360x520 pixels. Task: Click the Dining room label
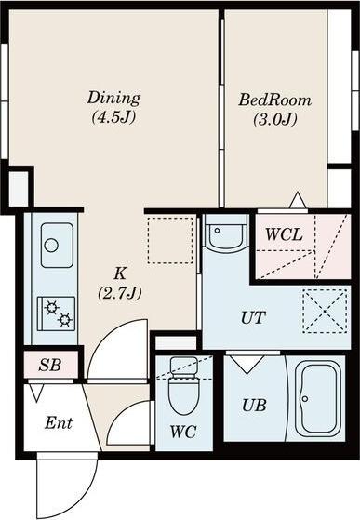(x=113, y=99)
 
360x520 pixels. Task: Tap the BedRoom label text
(x=275, y=100)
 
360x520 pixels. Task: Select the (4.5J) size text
(x=114, y=117)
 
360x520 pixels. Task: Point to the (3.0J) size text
(x=275, y=119)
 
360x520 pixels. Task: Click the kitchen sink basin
(x=57, y=246)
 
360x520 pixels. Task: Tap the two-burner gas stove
(x=57, y=313)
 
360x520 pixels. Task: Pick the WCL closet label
(x=284, y=234)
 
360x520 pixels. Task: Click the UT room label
(x=253, y=318)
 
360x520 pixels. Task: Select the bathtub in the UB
(x=317, y=399)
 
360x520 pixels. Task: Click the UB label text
(x=254, y=405)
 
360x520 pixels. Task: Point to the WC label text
(x=183, y=432)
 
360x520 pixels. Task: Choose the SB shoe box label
(x=49, y=366)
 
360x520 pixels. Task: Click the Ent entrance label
(x=59, y=423)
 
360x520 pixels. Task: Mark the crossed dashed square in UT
(x=326, y=311)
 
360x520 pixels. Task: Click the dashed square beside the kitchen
(x=170, y=240)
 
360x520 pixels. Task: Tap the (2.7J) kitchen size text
(x=120, y=293)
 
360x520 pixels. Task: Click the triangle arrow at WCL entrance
(x=298, y=200)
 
